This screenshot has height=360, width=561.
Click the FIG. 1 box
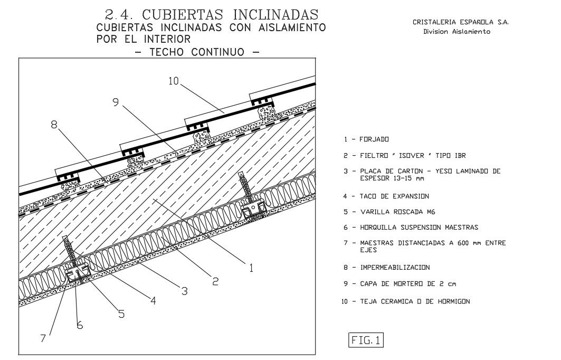366,340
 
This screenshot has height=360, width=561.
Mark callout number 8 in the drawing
54,125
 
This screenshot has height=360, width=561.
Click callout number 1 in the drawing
251,268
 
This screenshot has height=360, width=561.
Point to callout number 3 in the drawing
184,290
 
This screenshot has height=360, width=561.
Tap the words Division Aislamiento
457,32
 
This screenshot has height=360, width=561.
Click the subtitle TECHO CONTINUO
196,52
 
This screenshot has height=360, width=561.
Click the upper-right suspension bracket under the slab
253,209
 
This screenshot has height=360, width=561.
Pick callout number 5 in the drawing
121,314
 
